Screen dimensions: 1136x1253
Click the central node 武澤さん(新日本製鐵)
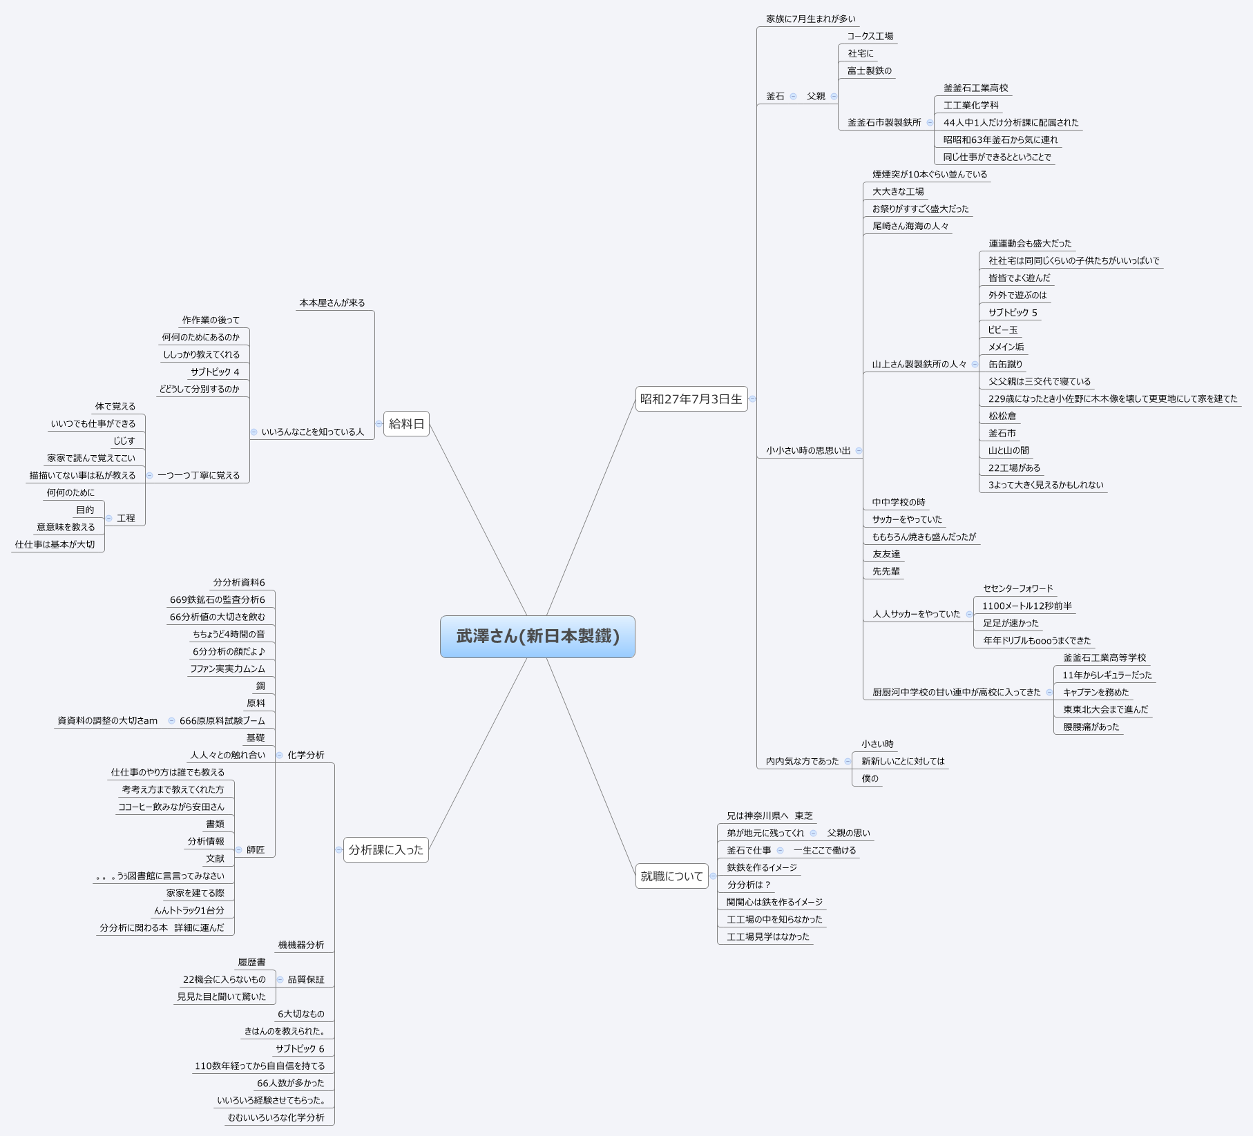537,636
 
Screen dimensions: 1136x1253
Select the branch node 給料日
406,423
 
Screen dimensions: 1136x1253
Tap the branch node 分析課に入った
385,849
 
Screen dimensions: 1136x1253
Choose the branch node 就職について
671,876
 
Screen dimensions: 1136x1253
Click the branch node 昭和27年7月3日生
691,398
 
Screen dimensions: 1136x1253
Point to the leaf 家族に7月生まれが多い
810,19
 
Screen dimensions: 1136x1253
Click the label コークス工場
870,37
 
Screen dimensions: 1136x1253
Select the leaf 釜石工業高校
975,88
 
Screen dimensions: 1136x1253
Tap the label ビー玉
1002,330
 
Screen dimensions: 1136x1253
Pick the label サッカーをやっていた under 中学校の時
906,520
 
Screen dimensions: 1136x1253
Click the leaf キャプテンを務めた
1096,693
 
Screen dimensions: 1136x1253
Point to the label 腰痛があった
1091,727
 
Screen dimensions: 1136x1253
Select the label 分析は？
748,885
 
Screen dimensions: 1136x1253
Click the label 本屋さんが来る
332,303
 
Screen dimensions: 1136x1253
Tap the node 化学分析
305,755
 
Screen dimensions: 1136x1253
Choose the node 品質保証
305,980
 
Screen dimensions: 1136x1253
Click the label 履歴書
251,963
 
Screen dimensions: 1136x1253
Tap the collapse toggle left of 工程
109,519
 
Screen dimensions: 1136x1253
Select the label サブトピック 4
215,372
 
